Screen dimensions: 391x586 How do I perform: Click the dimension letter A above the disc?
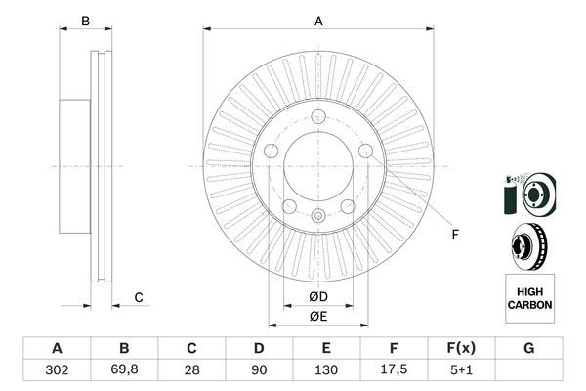(318, 21)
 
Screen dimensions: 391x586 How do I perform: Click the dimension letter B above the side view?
(85, 21)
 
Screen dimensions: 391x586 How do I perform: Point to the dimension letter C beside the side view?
(139, 297)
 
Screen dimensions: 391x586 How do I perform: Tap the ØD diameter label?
(318, 296)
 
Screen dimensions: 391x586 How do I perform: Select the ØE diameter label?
(318, 316)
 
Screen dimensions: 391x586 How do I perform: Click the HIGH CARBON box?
(529, 298)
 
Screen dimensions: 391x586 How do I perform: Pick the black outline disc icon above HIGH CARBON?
(528, 245)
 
